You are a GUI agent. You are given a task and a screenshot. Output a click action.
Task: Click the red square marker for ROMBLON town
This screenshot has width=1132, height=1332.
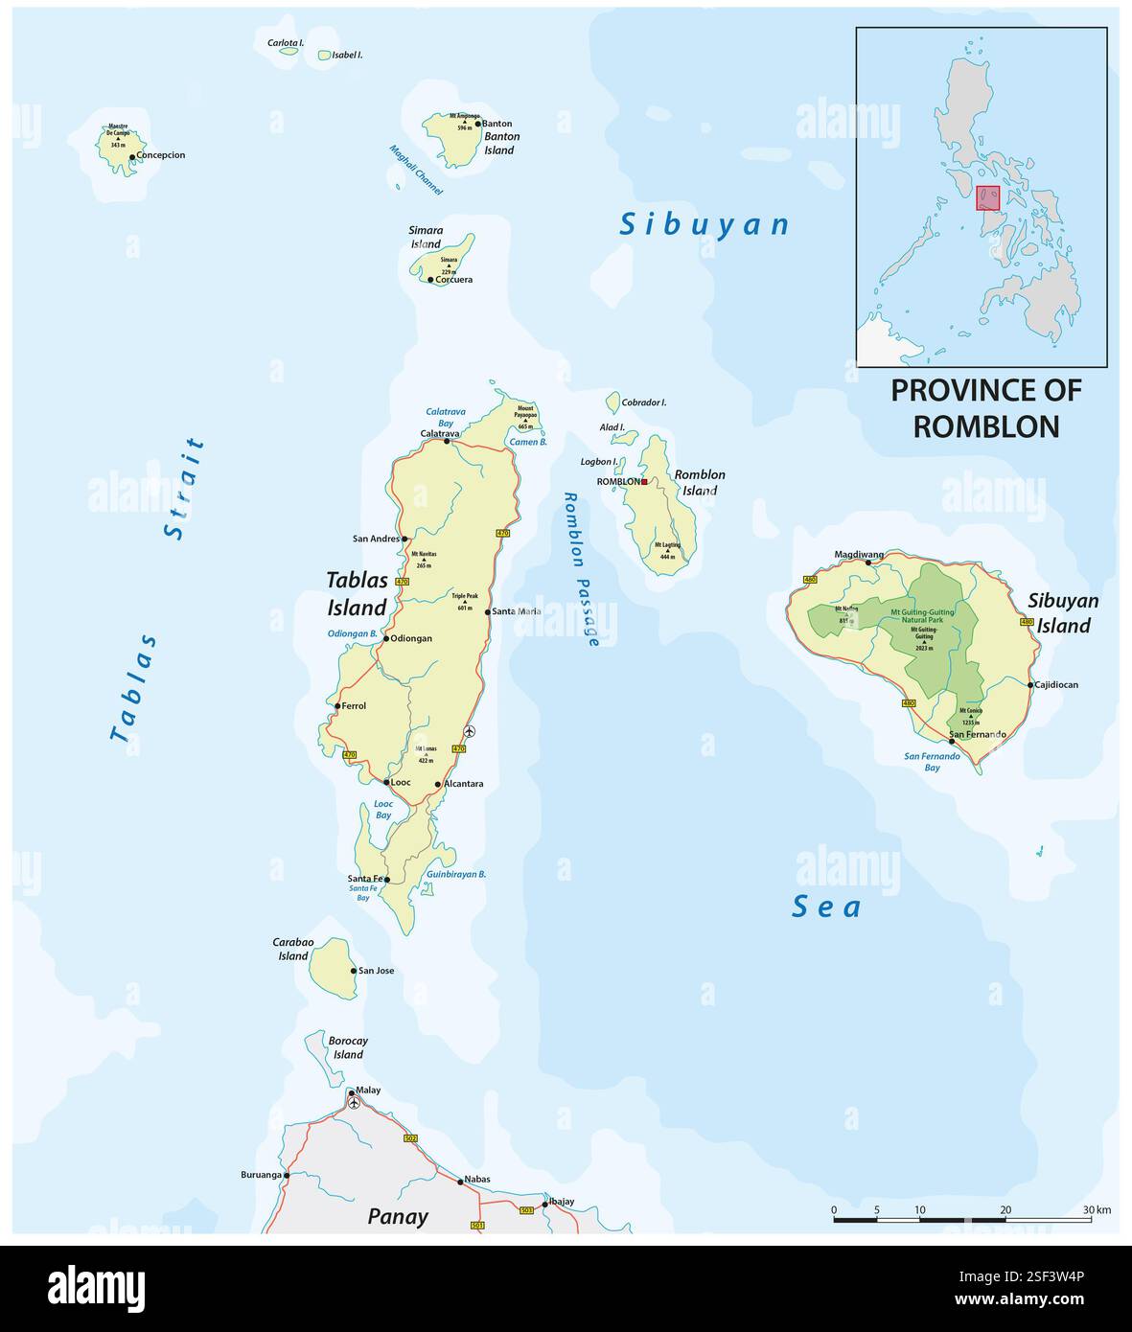(645, 481)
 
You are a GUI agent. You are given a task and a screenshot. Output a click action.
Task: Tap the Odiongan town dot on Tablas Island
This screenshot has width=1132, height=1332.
(386, 638)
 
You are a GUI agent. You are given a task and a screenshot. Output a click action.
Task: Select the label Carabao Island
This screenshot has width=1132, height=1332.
(293, 949)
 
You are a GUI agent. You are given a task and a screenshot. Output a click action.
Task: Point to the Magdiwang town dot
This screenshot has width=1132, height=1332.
(869, 563)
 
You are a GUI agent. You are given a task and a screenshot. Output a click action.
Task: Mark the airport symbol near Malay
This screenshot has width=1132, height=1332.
(354, 1103)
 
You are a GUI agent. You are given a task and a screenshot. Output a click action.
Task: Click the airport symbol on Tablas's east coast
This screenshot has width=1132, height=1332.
(469, 731)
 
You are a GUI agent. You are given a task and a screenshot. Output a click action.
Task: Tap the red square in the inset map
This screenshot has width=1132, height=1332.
(987, 197)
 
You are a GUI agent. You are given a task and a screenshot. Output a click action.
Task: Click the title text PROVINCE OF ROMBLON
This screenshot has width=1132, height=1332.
(985, 408)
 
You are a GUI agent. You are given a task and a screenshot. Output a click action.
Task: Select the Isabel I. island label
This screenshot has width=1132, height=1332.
(347, 56)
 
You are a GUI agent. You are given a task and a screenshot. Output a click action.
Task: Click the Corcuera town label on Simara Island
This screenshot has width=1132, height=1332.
(453, 280)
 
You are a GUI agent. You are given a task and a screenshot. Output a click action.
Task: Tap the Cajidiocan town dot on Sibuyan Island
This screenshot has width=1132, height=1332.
(1030, 685)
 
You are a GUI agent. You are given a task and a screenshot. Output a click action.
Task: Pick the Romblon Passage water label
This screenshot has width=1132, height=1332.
(580, 569)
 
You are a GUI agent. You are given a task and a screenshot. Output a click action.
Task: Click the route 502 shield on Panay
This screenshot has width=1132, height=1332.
(411, 1138)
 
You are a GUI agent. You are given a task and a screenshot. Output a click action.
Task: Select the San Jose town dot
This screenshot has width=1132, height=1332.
(354, 971)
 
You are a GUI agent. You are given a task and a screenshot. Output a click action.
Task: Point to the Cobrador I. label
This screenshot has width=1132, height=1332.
(644, 402)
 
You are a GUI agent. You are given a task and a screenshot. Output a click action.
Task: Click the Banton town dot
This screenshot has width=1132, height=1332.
(477, 124)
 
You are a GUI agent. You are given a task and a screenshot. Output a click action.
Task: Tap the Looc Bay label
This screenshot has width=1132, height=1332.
(382, 809)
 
